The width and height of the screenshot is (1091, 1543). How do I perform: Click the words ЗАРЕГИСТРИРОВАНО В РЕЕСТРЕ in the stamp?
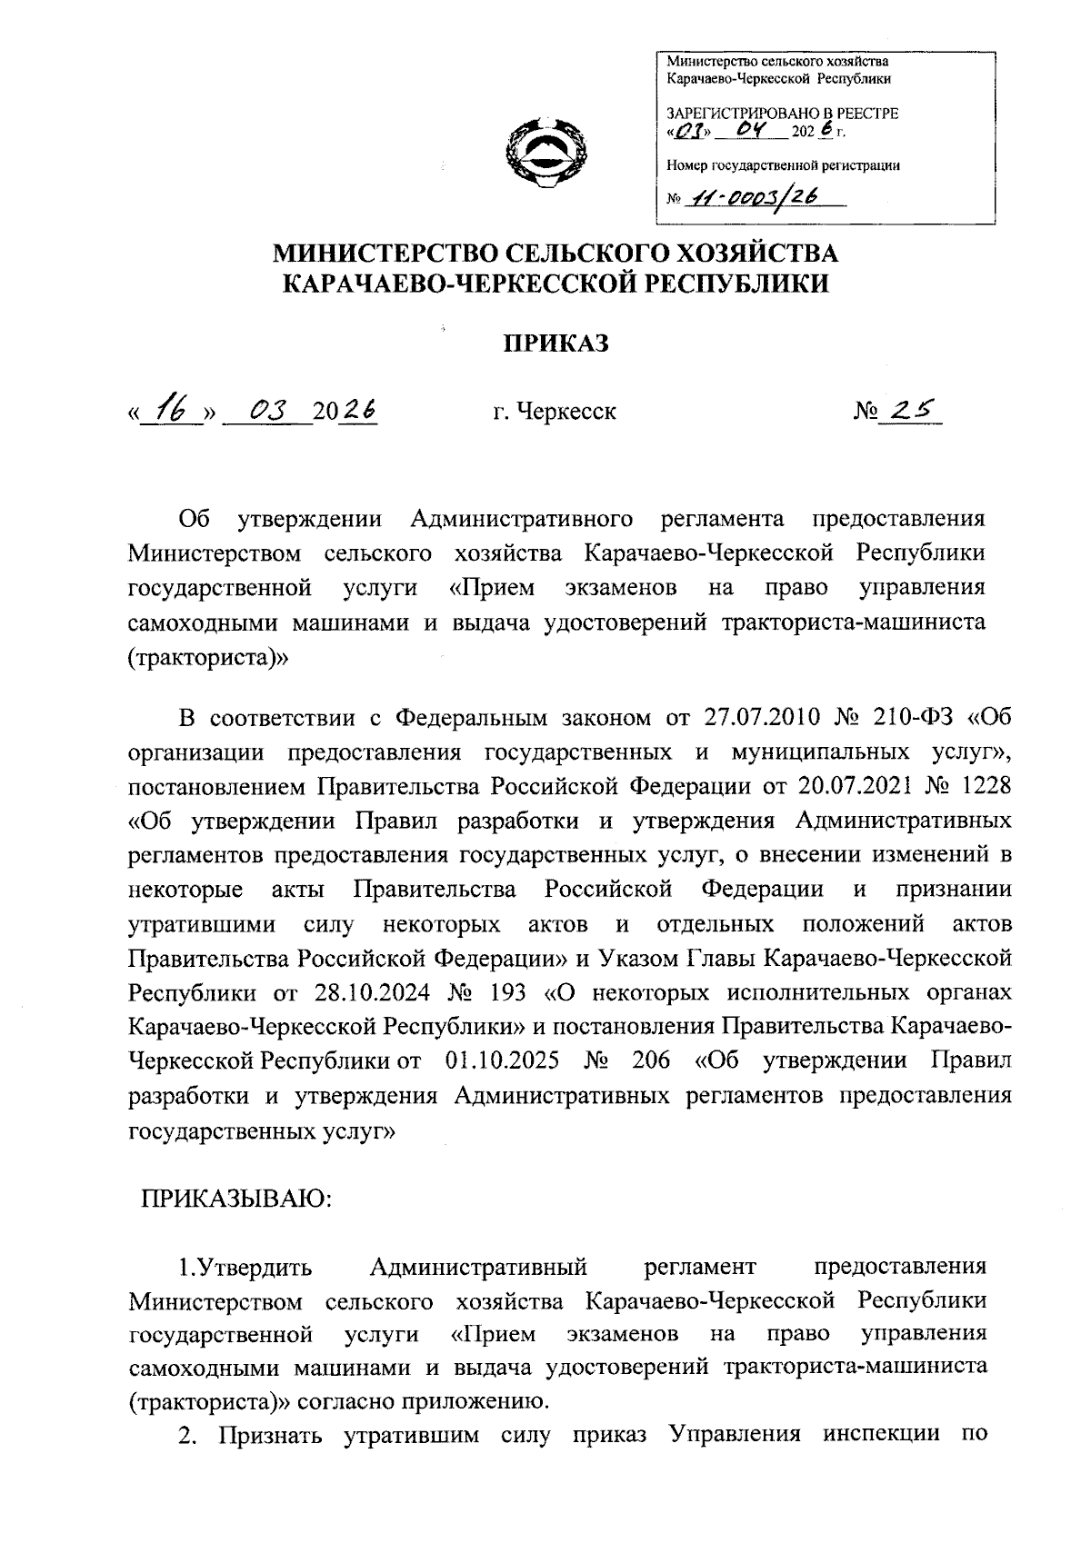(x=782, y=114)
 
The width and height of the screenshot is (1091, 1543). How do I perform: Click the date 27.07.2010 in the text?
(x=764, y=719)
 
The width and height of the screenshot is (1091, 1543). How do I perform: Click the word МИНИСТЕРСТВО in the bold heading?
(x=383, y=252)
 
